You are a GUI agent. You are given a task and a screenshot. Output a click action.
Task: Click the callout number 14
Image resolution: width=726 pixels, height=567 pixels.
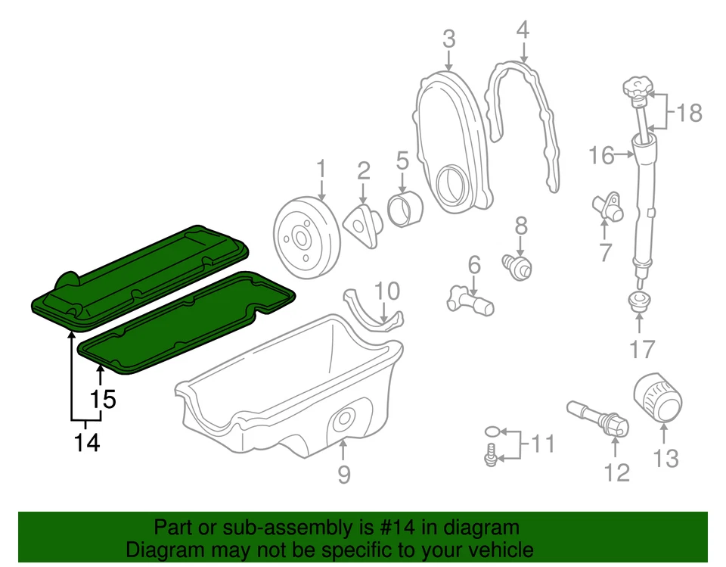(87, 442)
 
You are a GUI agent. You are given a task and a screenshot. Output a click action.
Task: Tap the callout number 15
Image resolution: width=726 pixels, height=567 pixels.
(103, 399)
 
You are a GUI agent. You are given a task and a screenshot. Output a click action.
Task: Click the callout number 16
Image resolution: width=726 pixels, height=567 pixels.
(602, 156)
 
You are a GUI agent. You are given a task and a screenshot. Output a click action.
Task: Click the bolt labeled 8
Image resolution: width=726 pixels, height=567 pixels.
(517, 266)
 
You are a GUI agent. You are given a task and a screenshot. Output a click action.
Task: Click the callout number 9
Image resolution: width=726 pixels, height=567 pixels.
(343, 475)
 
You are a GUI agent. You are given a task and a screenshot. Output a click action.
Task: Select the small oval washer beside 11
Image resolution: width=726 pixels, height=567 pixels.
(492, 431)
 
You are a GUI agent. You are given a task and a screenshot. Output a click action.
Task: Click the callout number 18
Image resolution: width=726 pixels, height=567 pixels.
(689, 113)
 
